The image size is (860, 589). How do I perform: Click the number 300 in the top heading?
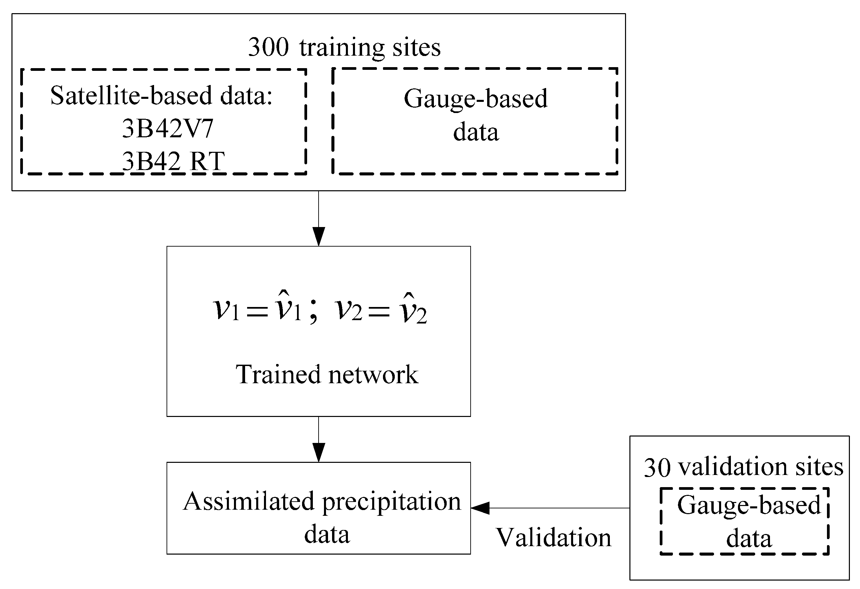point(268,47)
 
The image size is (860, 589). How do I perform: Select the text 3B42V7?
point(168,129)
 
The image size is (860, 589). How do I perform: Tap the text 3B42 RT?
point(173,161)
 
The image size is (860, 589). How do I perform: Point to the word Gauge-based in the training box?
point(476,99)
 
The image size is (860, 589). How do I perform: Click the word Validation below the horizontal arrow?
point(553,537)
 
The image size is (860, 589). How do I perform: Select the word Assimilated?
point(249,502)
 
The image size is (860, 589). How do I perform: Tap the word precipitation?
point(391,503)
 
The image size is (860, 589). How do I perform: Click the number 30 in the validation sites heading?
point(657,468)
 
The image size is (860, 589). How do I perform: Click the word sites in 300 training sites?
point(416,47)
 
